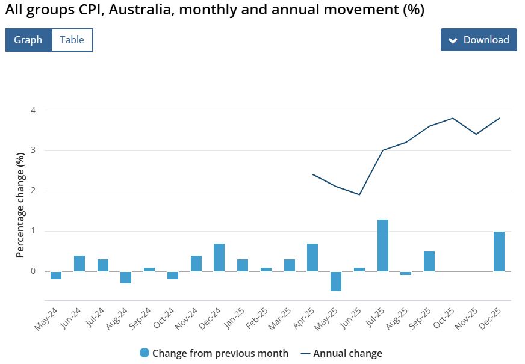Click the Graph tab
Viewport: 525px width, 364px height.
pyautogui.click(x=28, y=40)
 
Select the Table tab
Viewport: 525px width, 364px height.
pyautogui.click(x=72, y=40)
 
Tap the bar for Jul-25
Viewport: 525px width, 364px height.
pyautogui.click(x=383, y=245)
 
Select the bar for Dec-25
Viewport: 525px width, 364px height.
pyautogui.click(x=499, y=251)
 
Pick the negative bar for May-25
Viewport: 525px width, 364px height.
pyautogui.click(x=336, y=281)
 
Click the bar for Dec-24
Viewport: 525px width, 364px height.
pyautogui.click(x=219, y=258)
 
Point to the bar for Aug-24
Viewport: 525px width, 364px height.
pyautogui.click(x=126, y=277)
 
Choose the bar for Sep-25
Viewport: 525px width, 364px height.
pyautogui.click(x=429, y=261)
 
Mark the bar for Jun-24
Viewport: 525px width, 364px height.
pyautogui.click(x=79, y=264)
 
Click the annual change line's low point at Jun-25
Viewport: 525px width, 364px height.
pyautogui.click(x=359, y=194)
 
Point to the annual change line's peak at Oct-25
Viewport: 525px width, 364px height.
pyautogui.click(x=453, y=118)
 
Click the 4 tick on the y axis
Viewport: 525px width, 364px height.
pyautogui.click(x=33, y=110)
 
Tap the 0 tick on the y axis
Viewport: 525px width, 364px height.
pyautogui.click(x=33, y=271)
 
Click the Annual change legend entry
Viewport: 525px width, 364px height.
pyautogui.click(x=347, y=353)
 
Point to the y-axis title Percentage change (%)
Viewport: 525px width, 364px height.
pyautogui.click(x=20, y=205)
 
